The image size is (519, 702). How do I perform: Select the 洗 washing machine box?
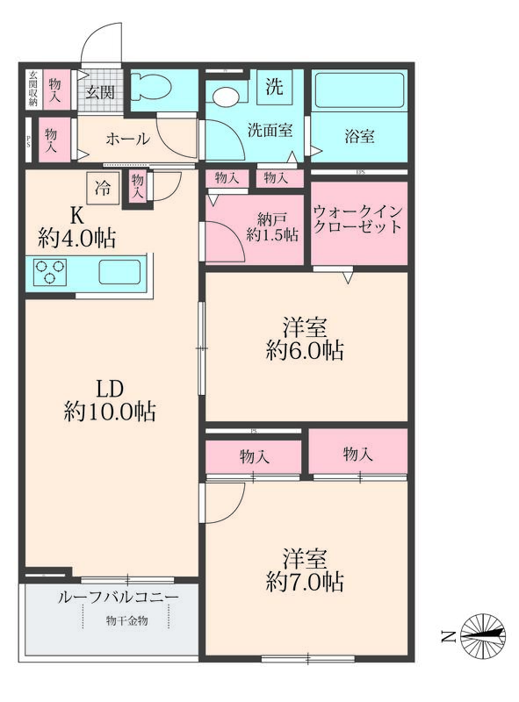pos(274,86)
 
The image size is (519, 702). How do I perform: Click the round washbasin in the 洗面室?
pos(225,96)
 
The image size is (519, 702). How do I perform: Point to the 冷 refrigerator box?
pos(102,186)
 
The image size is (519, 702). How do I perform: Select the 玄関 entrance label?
pos(99,92)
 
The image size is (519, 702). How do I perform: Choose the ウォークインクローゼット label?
pos(358,219)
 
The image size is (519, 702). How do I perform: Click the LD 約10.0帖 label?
pos(110,399)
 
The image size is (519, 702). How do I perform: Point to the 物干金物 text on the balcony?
pos(127,621)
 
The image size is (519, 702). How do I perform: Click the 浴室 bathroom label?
pos(359,137)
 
